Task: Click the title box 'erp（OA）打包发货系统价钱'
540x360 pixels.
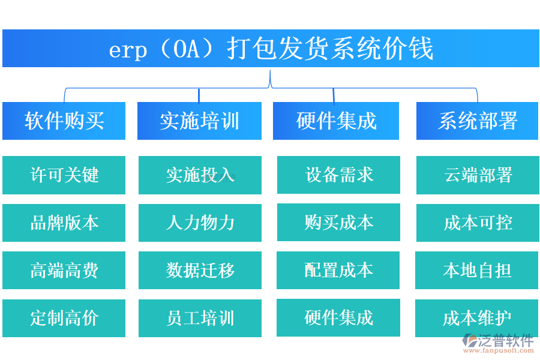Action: click(x=271, y=49)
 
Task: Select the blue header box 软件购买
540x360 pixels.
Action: click(x=64, y=121)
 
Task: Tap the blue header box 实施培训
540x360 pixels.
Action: click(x=199, y=121)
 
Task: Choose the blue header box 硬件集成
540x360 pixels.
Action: click(x=336, y=121)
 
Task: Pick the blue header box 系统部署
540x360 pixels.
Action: click(x=478, y=121)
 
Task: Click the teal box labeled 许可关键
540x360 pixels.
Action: click(x=64, y=175)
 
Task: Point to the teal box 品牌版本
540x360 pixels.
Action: click(x=64, y=223)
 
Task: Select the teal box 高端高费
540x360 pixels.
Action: click(x=64, y=270)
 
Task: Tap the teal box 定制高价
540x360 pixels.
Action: click(x=64, y=318)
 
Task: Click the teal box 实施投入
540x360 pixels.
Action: click(x=200, y=175)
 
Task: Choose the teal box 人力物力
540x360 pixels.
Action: click(x=200, y=223)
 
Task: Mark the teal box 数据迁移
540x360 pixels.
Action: click(x=200, y=270)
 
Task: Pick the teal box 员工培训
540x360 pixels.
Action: click(x=200, y=318)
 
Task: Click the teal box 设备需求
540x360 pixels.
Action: click(x=338, y=175)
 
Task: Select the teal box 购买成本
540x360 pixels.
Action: click(x=338, y=222)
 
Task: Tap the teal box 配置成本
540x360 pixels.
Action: click(x=338, y=270)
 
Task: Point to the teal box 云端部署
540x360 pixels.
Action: click(x=478, y=175)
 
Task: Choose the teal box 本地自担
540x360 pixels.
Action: click(x=478, y=270)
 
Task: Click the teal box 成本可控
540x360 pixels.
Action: click(x=478, y=223)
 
